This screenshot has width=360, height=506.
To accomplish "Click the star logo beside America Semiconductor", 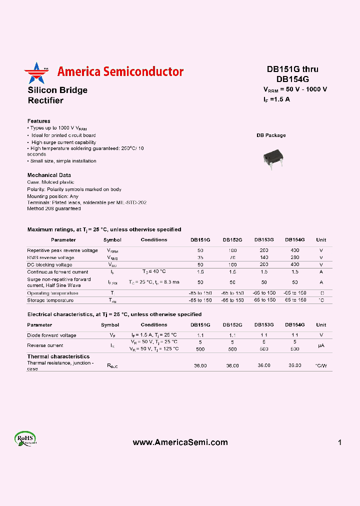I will (x=34, y=73).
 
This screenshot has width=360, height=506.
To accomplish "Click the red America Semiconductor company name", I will (x=120, y=72).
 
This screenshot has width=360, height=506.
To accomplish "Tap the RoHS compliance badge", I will (x=25, y=439).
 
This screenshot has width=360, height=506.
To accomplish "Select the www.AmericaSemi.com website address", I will (x=180, y=442).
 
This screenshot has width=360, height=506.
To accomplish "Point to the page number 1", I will (x=339, y=442).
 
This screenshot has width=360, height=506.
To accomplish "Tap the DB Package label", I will (x=271, y=135).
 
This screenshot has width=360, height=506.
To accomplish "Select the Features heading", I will (x=38, y=121).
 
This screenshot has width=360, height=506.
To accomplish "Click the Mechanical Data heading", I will (x=49, y=175).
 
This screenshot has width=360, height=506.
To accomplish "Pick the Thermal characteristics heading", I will (x=58, y=356).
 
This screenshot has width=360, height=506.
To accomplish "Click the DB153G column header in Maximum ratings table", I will (x=264, y=240).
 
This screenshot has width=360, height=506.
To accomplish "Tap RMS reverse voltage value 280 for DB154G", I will (x=295, y=257).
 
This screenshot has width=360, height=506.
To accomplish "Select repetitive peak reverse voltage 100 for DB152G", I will (x=232, y=250).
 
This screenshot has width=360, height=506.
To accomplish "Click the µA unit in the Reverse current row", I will (x=321, y=345).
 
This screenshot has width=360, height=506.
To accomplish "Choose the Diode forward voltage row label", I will (x=51, y=335).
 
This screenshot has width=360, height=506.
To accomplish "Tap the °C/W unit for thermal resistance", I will (x=321, y=366).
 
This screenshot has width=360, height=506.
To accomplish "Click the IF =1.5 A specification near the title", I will (x=276, y=99).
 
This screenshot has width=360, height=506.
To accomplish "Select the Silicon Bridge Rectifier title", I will (x=57, y=95).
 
